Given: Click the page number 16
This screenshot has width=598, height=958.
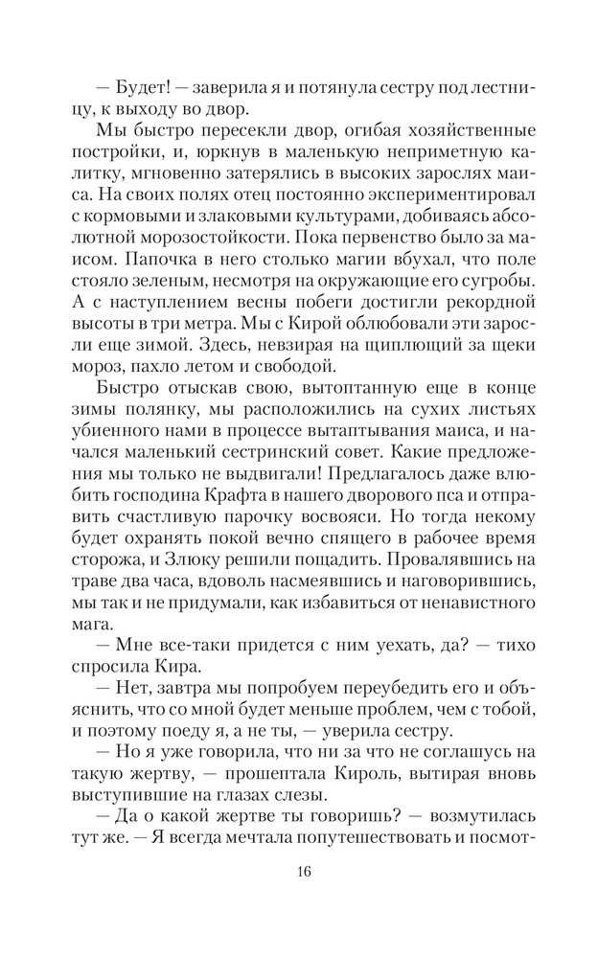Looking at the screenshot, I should tap(304, 872).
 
